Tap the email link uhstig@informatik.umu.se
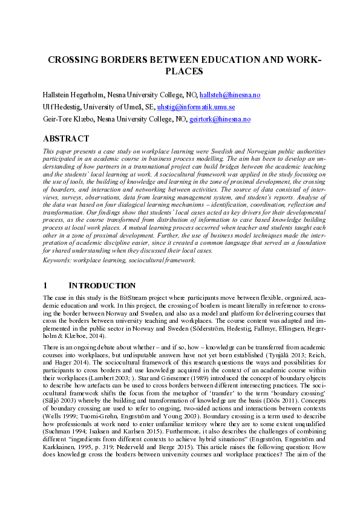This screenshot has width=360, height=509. (196, 107)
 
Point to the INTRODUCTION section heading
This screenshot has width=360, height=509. (102, 285)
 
